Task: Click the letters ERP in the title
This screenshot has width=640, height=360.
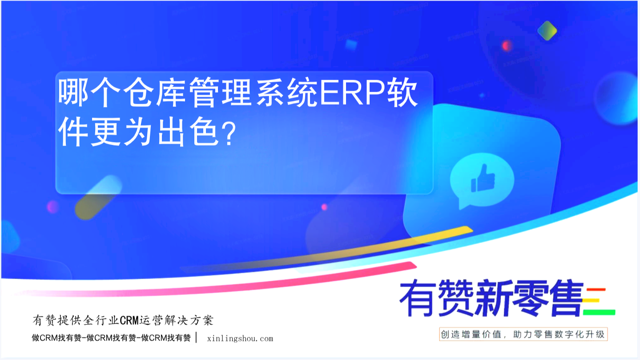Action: (353, 93)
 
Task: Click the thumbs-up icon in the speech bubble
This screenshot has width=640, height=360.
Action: (483, 178)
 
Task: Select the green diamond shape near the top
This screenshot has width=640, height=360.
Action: (547, 31)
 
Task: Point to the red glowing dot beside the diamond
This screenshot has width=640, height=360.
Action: (507, 45)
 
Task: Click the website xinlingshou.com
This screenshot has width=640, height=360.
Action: (240, 339)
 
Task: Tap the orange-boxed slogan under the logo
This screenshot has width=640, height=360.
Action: (523, 334)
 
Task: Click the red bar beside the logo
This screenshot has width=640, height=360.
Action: (596, 290)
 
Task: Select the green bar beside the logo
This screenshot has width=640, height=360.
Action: (599, 312)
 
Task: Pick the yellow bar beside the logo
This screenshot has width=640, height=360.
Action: (591, 300)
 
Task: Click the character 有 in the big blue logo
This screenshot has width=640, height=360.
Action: (417, 298)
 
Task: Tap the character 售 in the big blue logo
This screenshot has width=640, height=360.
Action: (566, 298)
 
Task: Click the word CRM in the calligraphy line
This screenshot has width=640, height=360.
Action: (129, 320)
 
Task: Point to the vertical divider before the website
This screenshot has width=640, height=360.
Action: (196, 337)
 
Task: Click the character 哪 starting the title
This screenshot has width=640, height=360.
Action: (73, 93)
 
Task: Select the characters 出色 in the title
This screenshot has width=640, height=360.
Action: (188, 133)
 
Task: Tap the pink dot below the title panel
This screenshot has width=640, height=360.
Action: (324, 207)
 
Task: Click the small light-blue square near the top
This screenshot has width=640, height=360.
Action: (351, 44)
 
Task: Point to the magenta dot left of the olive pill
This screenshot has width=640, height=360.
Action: (52, 207)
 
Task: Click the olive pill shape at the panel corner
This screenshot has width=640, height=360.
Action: (98, 197)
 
